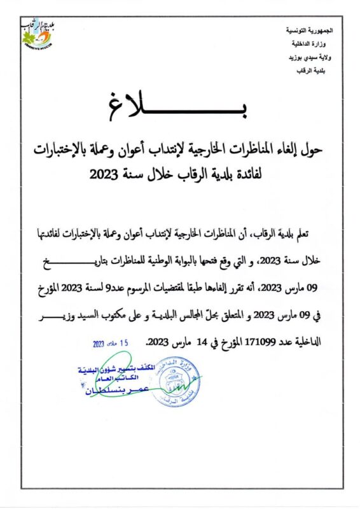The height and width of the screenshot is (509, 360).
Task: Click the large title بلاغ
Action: tap(179, 109)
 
